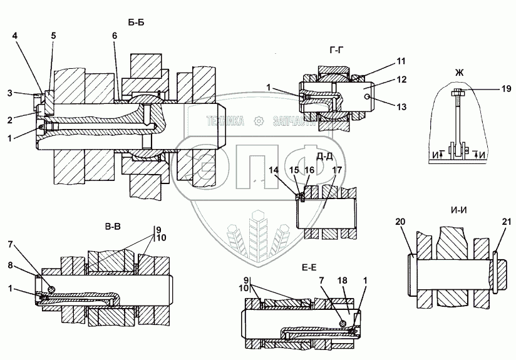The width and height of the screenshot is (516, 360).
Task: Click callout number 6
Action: pyautogui.click(x=115, y=36)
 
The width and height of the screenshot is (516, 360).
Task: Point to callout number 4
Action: pyautogui.click(x=14, y=36)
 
